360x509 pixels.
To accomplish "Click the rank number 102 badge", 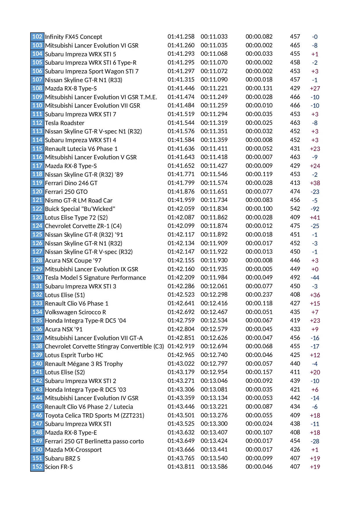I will (37, 37).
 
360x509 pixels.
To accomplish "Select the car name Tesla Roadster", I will (65, 123).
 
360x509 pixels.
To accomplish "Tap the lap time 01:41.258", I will (181, 37).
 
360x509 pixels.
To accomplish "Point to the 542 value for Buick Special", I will (295, 209).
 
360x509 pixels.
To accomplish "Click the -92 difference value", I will (315, 209).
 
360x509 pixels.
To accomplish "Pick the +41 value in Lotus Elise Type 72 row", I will (315, 217).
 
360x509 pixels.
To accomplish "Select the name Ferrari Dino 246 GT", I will (71, 183).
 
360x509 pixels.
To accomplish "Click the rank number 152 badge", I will (37, 467).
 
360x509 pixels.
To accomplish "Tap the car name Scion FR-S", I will (59, 467).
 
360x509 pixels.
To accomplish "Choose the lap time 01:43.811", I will (181, 467).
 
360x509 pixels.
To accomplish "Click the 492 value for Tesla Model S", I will (295, 277).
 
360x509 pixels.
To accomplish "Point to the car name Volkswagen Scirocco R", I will (75, 312).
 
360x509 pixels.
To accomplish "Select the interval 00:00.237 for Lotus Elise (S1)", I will (259, 295).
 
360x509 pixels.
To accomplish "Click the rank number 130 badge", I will (37, 277).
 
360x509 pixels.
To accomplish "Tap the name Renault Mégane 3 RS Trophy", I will (84, 364).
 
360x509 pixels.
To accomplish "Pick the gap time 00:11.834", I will (214, 209).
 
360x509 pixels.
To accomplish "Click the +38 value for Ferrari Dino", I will (315, 183).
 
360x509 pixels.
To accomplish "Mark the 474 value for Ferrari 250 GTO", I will (295, 192).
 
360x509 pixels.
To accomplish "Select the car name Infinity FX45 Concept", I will (73, 37).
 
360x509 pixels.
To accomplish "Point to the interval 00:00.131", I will (259, 88).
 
